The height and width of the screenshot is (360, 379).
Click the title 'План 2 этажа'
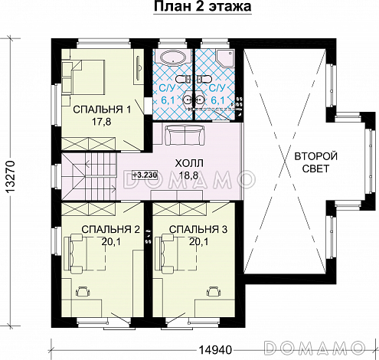coord(203,7)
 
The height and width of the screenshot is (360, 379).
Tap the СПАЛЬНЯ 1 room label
coord(102,110)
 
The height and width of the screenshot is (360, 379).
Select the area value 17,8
coord(102,122)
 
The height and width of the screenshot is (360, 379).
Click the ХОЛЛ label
coord(189,163)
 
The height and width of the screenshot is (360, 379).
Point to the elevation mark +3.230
coord(145,175)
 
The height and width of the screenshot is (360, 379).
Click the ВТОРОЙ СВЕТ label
coord(316,162)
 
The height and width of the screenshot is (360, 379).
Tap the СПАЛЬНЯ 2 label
coord(111,230)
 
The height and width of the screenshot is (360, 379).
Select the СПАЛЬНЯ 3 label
coord(198,230)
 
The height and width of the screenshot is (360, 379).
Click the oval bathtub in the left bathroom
coord(174,58)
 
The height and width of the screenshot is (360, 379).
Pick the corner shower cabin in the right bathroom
coord(225,58)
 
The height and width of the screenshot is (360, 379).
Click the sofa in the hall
coord(185,136)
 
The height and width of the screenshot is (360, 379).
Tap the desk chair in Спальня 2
coord(83,291)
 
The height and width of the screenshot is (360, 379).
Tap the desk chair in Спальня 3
coord(214,291)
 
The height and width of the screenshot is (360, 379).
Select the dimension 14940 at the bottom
coord(215,349)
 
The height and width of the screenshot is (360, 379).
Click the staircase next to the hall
coord(89,176)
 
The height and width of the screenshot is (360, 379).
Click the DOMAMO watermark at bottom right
coord(315,347)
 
